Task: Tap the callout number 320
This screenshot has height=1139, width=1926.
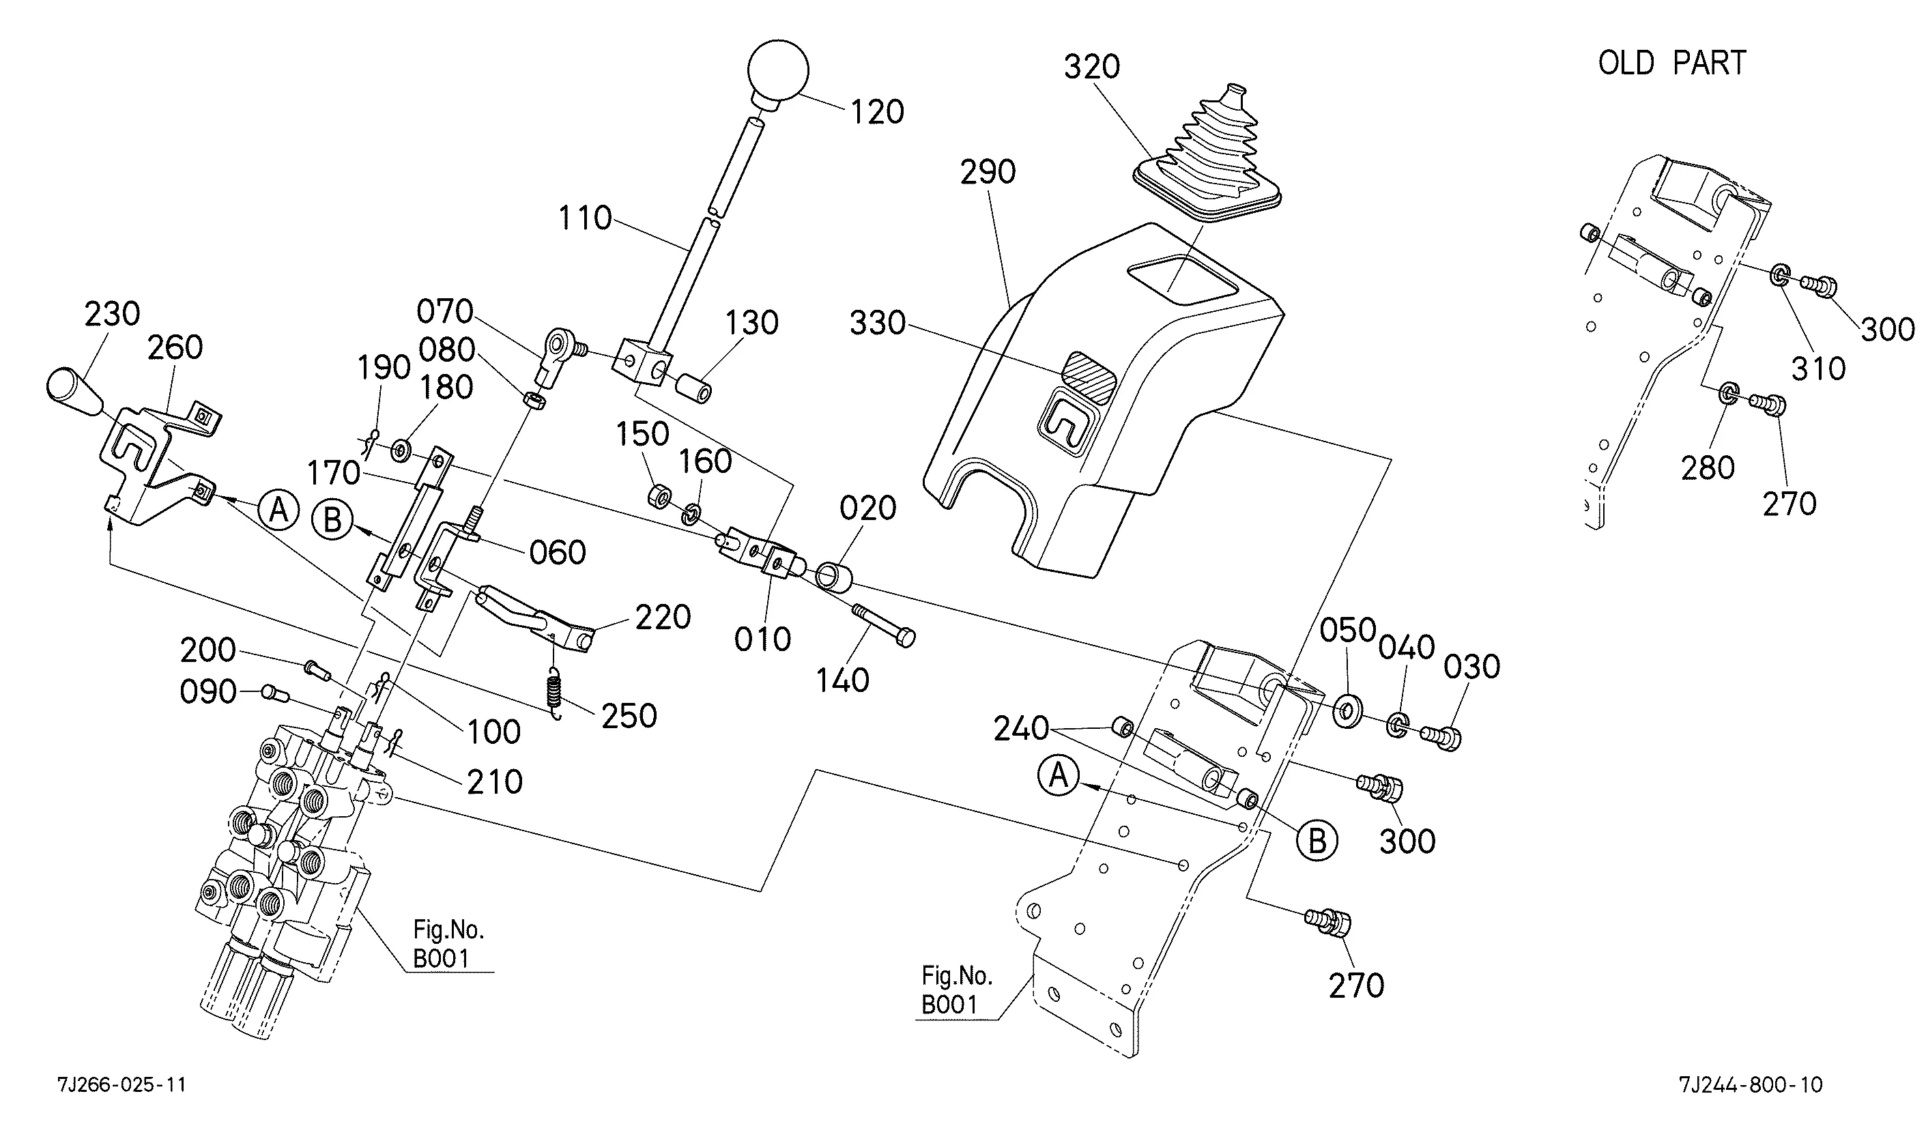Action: [x=1091, y=67]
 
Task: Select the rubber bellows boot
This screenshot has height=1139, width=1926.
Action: [x=1212, y=154]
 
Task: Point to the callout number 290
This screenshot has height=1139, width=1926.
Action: [x=988, y=172]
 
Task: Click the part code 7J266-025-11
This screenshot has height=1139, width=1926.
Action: [x=121, y=1084]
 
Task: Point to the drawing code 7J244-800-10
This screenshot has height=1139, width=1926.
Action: [x=1751, y=1084]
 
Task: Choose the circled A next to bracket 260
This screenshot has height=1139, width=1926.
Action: [x=278, y=509]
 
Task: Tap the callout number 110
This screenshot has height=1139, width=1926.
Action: [x=585, y=219]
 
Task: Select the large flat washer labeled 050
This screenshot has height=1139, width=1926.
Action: [x=1347, y=710]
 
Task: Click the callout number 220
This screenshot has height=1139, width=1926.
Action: [x=662, y=618]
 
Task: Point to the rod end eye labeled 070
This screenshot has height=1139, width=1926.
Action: [x=558, y=345]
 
